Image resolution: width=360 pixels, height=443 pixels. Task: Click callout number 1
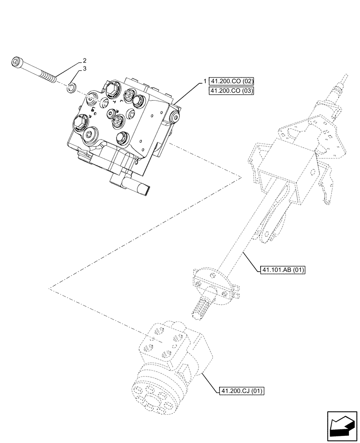click(x=205, y=81)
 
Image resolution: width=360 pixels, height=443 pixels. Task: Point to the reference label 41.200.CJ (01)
click(x=242, y=391)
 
